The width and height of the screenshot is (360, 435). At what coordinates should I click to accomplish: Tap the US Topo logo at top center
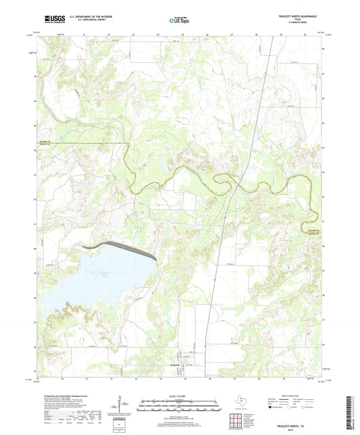click(x=178, y=21)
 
